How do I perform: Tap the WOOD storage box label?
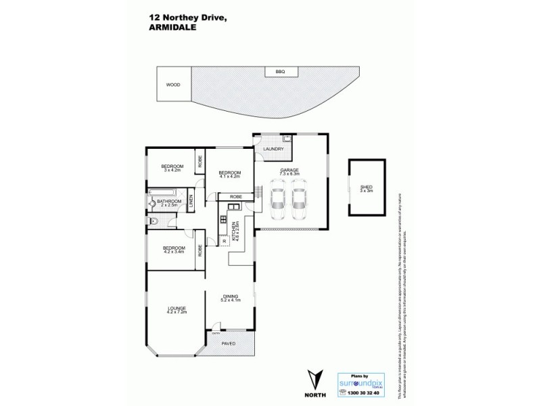click(174, 85)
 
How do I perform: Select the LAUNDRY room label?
click(273, 149)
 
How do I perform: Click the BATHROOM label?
click(170, 201)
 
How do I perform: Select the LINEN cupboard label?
click(191, 200)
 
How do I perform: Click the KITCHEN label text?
click(234, 231)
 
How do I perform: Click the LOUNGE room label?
click(177, 309)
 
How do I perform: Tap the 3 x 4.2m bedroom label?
click(172, 169)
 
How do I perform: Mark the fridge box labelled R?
click(223, 242)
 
